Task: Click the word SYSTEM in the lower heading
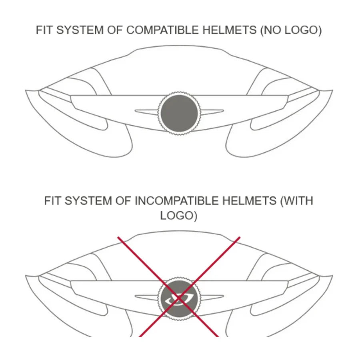point(88,201)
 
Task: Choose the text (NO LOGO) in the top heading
point(291,30)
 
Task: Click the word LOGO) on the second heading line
point(179,216)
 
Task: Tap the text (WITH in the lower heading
point(297,201)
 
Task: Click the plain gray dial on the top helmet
point(179,113)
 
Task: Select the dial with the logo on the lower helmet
point(179,299)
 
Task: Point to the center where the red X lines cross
point(179,298)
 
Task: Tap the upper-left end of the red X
point(118,237)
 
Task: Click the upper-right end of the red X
point(240,237)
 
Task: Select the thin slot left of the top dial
point(146,112)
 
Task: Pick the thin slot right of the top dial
point(212,112)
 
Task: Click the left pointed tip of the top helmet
point(26,91)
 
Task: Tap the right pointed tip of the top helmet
point(333,90)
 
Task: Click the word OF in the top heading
point(115,30)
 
